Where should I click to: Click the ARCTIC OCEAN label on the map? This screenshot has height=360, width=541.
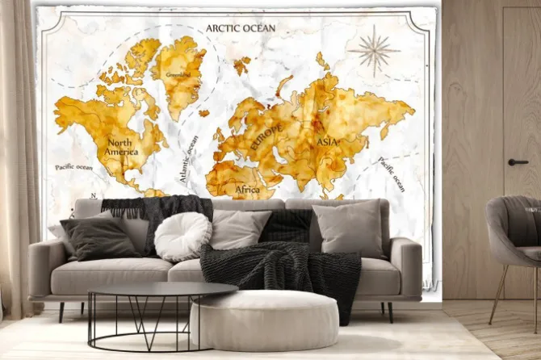point(240,28)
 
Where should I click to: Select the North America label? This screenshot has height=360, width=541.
point(121,148)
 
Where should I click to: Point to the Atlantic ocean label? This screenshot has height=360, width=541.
point(189,158)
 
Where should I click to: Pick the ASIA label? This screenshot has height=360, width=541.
point(328,142)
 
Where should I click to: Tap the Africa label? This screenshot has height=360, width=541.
point(246,190)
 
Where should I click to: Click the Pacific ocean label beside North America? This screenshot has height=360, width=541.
point(73,167)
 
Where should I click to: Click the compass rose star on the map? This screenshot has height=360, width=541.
point(374,50)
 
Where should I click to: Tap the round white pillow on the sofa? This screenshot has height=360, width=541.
point(182,237)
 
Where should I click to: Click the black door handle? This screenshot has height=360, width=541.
point(518,162)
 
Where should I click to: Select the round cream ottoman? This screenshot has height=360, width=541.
point(264,320)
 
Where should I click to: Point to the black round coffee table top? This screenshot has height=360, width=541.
point(162,290)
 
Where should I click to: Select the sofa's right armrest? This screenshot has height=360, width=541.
point(405,266)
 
